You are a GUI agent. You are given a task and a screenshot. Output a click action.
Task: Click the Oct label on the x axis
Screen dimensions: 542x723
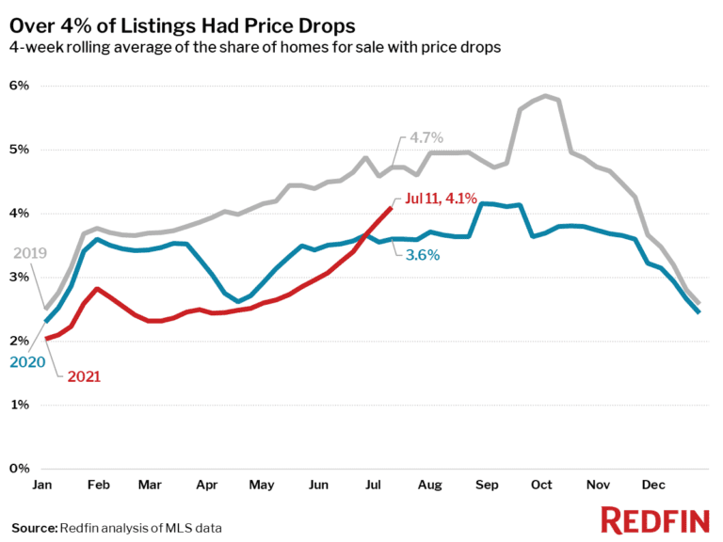(540, 485)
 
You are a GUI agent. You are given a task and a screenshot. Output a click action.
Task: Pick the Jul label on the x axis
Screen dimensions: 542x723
(373, 485)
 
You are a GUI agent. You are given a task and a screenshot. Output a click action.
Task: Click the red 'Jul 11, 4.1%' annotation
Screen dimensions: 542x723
(442, 198)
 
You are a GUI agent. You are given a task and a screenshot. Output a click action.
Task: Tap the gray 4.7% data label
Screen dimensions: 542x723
(426, 138)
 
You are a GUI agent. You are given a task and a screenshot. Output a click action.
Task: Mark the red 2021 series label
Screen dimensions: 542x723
(83, 376)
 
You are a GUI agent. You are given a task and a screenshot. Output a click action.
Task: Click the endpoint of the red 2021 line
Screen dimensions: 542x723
(391, 208)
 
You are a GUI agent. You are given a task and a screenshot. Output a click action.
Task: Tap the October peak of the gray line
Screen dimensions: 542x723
(547, 96)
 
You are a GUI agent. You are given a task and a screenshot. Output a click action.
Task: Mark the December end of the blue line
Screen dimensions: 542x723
(698, 311)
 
